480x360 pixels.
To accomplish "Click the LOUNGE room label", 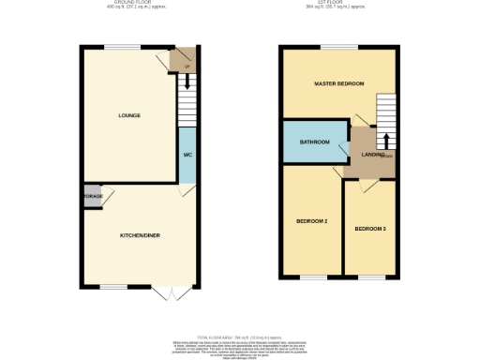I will tap(129, 116).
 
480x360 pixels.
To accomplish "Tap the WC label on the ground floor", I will tap(187, 154).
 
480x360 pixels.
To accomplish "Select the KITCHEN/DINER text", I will tap(140, 234).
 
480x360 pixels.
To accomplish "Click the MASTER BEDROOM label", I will tap(337, 84).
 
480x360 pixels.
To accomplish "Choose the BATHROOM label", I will tap(314, 142).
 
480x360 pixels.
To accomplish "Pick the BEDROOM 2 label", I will tap(312, 221).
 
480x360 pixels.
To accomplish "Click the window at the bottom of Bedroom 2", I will tap(311, 277).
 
